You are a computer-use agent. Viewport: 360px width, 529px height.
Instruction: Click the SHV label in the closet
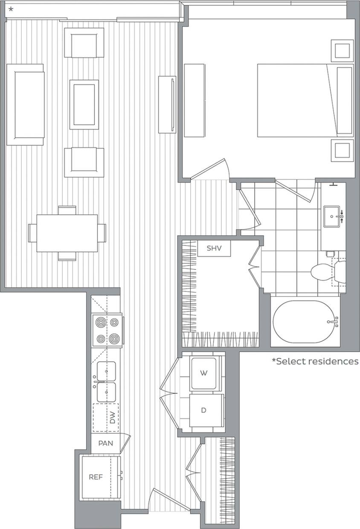click(x=214, y=248)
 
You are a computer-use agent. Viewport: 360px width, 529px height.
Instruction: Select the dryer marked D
click(x=203, y=410)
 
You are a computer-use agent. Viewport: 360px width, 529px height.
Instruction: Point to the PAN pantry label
click(x=105, y=443)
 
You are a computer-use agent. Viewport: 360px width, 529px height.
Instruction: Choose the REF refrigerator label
click(x=96, y=477)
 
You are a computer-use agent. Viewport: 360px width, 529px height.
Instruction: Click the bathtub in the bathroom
click(x=305, y=322)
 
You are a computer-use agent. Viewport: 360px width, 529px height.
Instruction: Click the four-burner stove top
click(x=107, y=330)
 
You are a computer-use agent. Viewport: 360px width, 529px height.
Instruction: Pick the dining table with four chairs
click(x=67, y=233)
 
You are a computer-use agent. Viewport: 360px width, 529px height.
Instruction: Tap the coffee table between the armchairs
click(x=84, y=105)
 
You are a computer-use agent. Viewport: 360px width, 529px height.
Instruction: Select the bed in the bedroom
click(x=299, y=100)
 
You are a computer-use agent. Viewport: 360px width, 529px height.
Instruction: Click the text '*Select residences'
click(x=315, y=361)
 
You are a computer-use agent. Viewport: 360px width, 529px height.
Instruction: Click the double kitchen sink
click(x=106, y=381)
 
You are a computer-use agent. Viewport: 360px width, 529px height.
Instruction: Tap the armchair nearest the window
click(x=84, y=43)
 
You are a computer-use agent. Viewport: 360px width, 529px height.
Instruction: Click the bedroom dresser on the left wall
click(x=195, y=100)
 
